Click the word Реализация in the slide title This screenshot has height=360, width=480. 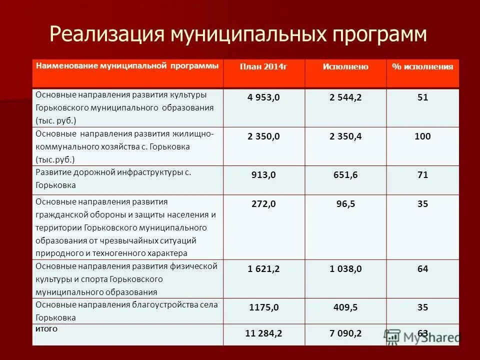click(107, 34)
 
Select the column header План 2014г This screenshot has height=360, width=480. click(263, 67)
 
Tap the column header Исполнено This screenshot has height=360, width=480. click(345, 67)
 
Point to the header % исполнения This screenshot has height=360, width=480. click(422, 67)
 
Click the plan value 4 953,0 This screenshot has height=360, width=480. click(263, 98)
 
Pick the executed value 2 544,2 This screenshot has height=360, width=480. click(345, 98)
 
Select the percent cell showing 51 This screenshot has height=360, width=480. click(422, 98)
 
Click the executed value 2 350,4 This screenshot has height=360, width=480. click(345, 136)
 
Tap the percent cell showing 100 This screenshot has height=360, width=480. click(422, 136)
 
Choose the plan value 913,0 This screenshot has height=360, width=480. click(263, 175)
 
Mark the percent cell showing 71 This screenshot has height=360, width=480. click(422, 175)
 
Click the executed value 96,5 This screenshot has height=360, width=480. click(345, 204)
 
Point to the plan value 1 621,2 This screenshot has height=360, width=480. click(263, 269)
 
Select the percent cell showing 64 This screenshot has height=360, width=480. click(422, 269)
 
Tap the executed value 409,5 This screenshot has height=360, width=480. click(345, 308)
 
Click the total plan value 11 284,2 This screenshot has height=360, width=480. click(263, 333)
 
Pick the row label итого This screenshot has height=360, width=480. click(46, 329)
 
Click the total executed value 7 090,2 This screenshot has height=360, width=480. click(345, 333)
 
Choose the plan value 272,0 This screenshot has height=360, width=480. click(263, 204)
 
